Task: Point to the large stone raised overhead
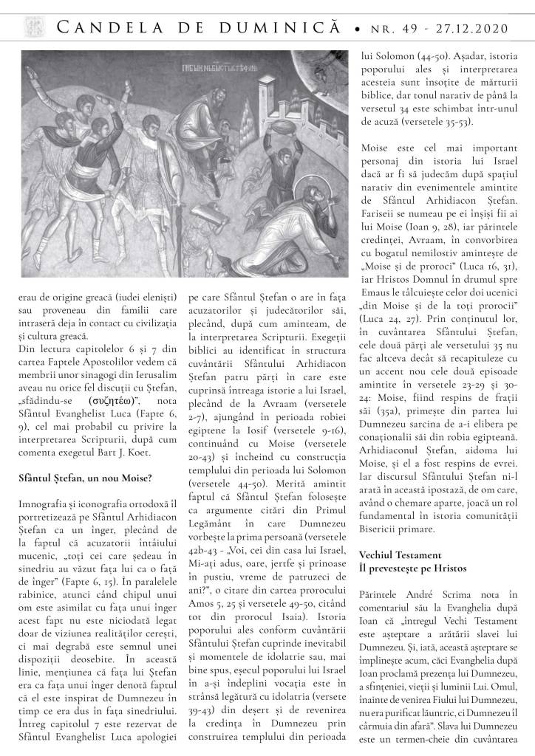click(259, 140)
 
